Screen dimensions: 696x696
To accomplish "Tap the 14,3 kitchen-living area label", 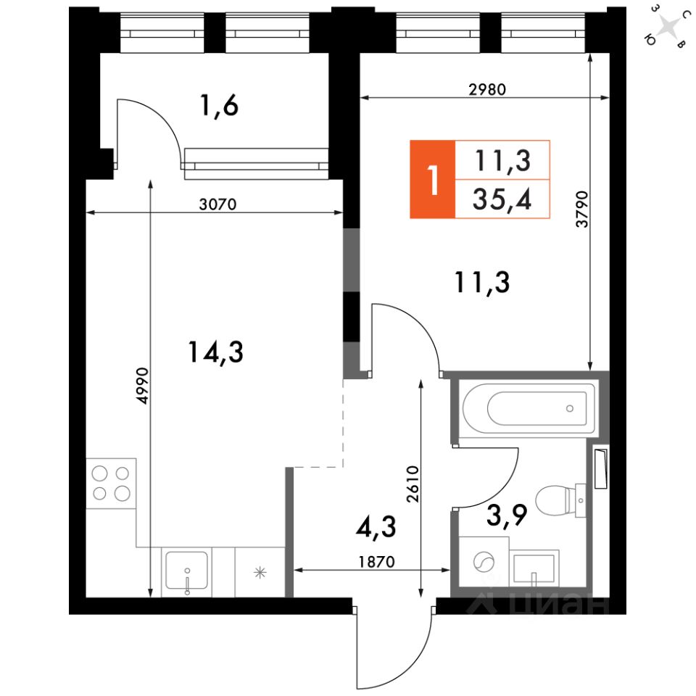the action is [216, 352].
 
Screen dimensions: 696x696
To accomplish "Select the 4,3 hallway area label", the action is [377, 528].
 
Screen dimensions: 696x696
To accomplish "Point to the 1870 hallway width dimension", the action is [376, 561].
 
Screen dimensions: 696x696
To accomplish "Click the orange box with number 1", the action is [433, 179].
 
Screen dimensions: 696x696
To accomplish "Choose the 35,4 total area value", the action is [502, 199].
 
